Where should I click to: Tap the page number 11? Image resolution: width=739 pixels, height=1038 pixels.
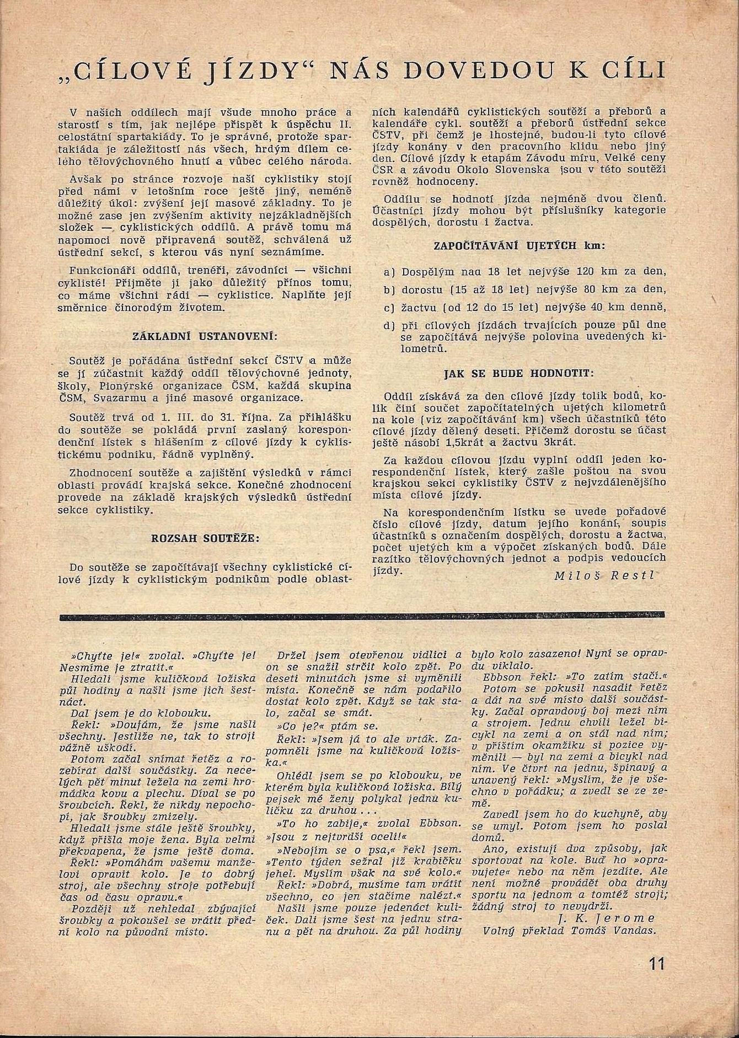[x=657, y=964]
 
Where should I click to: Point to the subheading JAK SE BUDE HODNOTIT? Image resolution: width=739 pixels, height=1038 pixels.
[x=519, y=373]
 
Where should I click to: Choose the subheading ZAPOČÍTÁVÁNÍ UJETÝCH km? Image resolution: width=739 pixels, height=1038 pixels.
[x=519, y=246]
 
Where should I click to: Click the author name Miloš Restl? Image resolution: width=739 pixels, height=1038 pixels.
[x=604, y=575]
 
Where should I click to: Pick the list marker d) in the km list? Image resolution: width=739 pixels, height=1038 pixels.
[x=389, y=325]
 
